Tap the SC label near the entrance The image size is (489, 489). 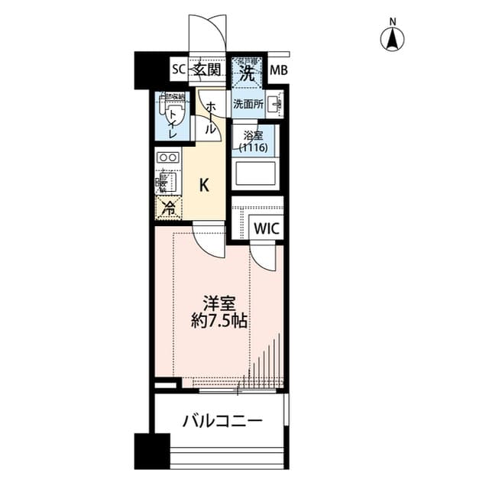tap(177, 71)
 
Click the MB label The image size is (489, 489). tap(280, 72)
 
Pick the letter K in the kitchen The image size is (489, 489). tap(204, 184)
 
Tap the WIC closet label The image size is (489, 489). tap(267, 228)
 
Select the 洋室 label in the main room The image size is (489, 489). tap(217, 301)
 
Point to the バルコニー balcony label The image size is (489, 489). tap(222, 421)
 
